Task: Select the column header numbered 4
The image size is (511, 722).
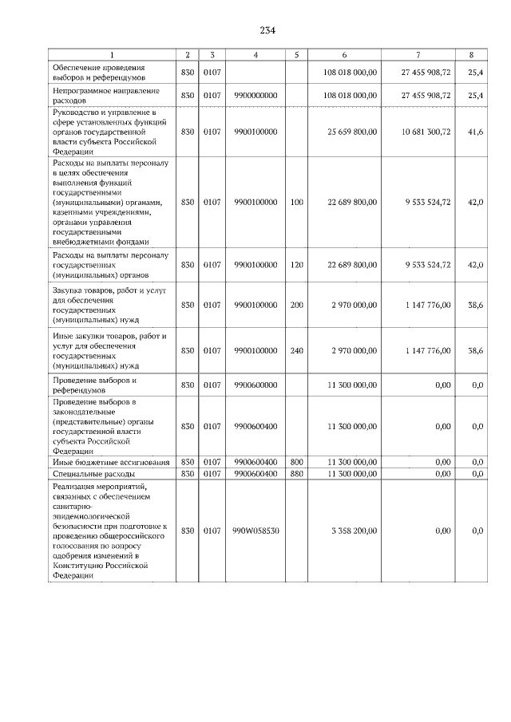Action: click(255, 54)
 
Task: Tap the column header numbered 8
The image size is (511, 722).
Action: click(472, 54)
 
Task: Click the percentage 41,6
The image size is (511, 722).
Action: click(474, 131)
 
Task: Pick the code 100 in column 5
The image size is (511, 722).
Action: click(296, 203)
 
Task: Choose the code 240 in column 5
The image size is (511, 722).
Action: click(296, 349)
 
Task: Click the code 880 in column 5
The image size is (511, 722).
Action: click(296, 473)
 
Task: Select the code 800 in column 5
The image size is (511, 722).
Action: click(296, 462)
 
